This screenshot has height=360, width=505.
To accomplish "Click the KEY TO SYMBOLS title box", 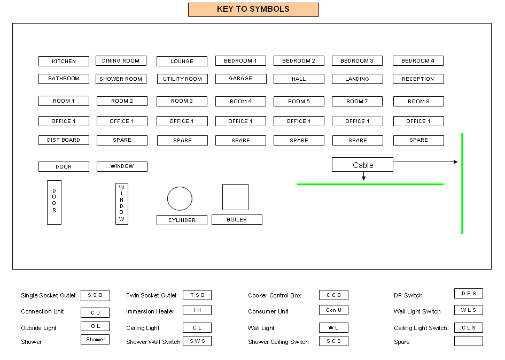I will [x=253, y=10].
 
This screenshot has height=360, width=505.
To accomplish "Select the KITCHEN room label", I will [x=64, y=61].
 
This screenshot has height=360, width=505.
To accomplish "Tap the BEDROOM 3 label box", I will [x=357, y=61].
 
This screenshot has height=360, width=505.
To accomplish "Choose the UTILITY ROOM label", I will [x=182, y=79].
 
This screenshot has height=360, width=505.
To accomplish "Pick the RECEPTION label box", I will [x=418, y=79].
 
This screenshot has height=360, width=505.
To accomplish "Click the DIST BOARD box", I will [x=64, y=140].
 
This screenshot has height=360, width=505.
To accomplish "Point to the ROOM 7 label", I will [x=357, y=101].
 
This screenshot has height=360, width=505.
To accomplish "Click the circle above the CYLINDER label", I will [x=180, y=198].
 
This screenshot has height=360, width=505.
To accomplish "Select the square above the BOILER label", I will [x=235, y=197].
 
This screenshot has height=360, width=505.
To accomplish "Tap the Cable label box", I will [x=362, y=165].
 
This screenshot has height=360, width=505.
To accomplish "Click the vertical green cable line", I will [x=462, y=183].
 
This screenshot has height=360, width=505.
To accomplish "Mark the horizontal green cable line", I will [x=370, y=184].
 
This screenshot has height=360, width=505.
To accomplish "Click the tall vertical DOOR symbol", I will [x=54, y=202].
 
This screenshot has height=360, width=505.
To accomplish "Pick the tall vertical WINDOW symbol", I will [x=122, y=204].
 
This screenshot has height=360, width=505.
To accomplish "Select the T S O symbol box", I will [x=197, y=295].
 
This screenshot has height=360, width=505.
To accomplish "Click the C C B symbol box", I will [x=333, y=295].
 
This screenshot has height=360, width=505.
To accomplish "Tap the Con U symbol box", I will [x=333, y=310].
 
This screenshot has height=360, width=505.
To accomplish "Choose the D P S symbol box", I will [x=468, y=294].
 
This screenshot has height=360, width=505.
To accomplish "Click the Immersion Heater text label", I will [x=150, y=311].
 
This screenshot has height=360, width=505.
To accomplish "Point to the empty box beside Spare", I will [x=468, y=341].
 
